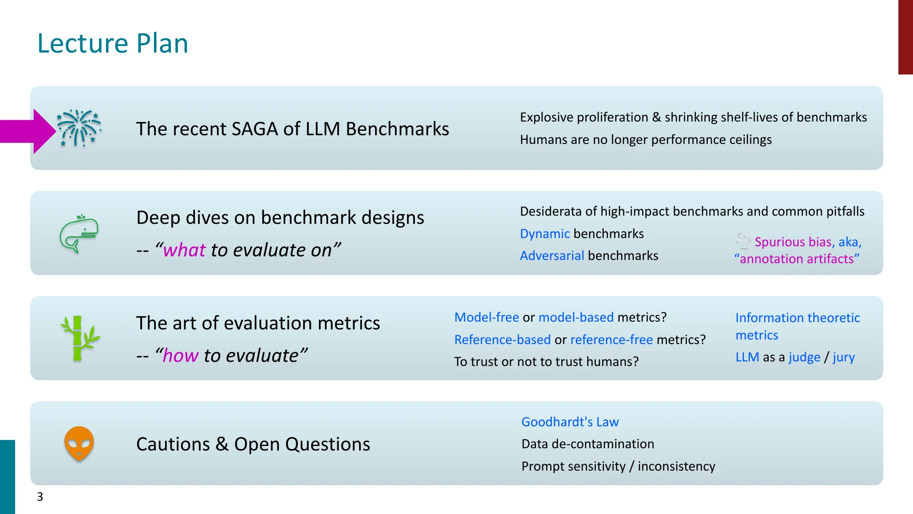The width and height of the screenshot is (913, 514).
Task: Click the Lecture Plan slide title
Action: [x=112, y=43]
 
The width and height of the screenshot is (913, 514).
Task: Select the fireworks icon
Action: [x=79, y=128]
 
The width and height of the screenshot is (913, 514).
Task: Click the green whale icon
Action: [x=79, y=233]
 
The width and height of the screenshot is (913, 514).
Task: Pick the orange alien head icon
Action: [x=79, y=443]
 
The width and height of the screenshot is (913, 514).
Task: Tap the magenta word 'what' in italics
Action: [x=185, y=250]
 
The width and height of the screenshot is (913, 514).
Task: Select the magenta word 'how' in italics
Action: [x=180, y=355]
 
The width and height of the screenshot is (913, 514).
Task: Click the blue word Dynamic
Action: [x=545, y=234]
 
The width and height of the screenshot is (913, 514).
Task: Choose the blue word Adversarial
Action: [x=552, y=256]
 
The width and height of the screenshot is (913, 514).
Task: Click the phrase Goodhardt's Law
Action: [x=570, y=422]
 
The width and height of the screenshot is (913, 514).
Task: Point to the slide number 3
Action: [x=40, y=497]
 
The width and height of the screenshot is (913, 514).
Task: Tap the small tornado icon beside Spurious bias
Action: [x=743, y=241]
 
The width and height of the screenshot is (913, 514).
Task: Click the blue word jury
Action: [x=844, y=357]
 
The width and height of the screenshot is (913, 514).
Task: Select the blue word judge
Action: [x=804, y=357]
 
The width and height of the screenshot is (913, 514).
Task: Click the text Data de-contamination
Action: [x=588, y=444]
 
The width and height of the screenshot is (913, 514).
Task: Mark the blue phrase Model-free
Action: [x=486, y=318]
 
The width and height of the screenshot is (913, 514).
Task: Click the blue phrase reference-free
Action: [x=611, y=340]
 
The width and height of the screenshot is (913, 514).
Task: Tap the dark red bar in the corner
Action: [x=905, y=37]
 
